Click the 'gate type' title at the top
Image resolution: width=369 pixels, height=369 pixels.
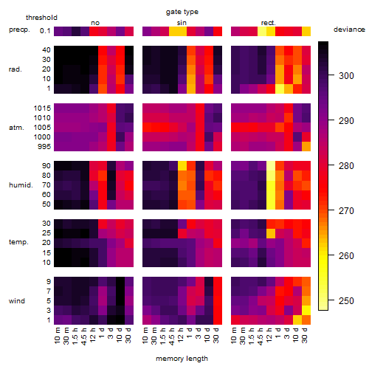[x=182, y=12]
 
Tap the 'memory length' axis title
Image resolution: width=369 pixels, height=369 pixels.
[x=182, y=359]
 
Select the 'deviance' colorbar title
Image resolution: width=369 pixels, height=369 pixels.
[x=349, y=30]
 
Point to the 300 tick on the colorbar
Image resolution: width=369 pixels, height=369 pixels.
[x=331, y=75]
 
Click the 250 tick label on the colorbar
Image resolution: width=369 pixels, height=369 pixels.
[x=346, y=300]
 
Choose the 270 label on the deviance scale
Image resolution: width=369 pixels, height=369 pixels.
[x=346, y=210]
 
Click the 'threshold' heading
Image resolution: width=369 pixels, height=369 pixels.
[x=41, y=18]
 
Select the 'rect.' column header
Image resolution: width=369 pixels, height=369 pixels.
[x=269, y=23]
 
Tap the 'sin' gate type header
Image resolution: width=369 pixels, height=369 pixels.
[x=182, y=23]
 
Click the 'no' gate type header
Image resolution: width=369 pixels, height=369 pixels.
[x=95, y=23]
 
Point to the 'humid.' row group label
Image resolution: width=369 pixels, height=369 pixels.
[x=21, y=185]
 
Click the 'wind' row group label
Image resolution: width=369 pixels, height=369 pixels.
[x=17, y=301]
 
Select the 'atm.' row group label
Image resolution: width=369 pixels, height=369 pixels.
[x=16, y=128]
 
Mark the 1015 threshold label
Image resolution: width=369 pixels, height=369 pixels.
[x=42, y=108]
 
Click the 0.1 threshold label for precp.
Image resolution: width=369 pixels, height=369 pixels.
[x=45, y=31]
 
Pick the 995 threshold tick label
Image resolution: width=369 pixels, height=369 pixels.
[x=44, y=147]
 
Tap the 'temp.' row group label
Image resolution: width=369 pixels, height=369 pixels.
[x=18, y=242]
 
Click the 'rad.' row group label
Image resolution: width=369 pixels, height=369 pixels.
[x=15, y=69]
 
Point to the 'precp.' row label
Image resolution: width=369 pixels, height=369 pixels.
[x=19, y=30]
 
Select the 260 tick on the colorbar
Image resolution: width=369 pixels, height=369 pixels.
[x=331, y=255]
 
